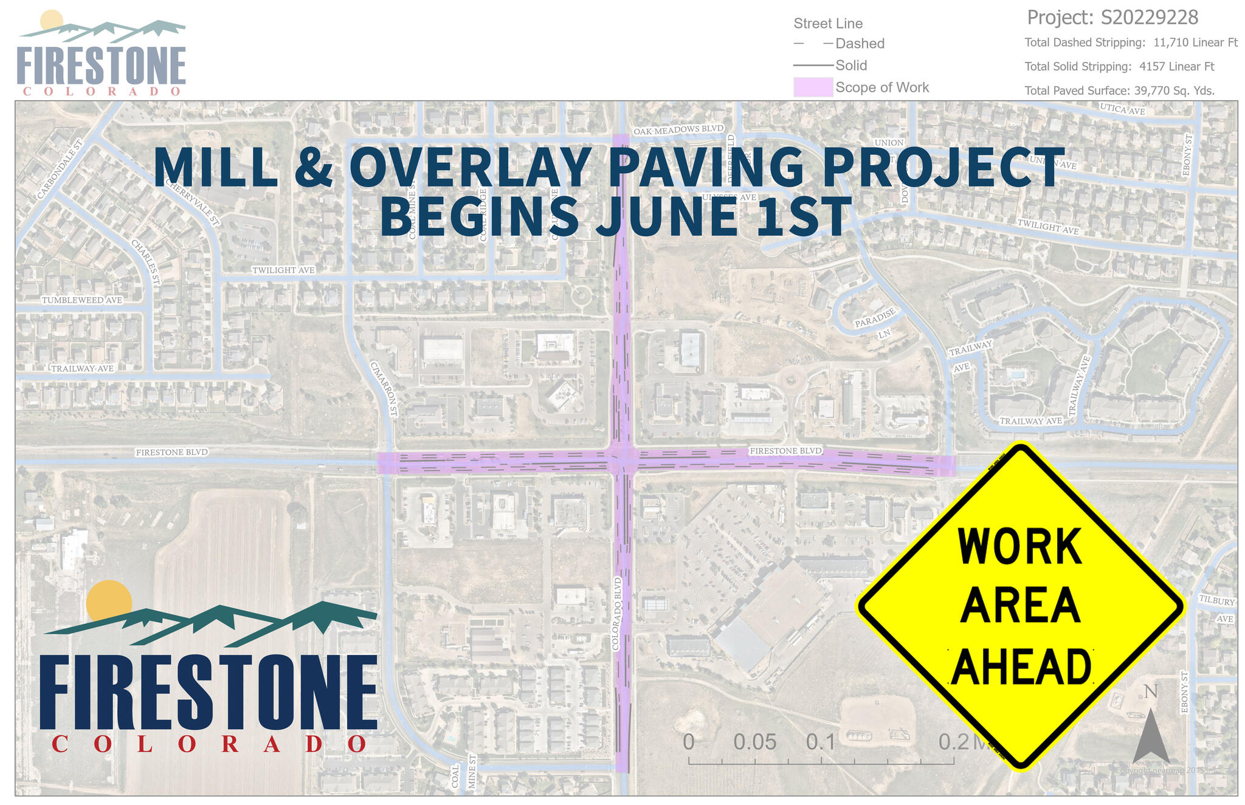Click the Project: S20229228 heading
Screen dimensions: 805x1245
click(x=1112, y=18)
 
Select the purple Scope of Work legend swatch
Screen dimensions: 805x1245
click(x=813, y=87)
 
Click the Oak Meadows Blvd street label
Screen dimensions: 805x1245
click(x=678, y=129)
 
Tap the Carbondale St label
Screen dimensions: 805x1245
click(x=59, y=170)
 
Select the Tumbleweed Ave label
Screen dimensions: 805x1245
click(x=82, y=300)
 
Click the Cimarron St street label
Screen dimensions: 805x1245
click(x=384, y=389)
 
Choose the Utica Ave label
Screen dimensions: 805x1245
click(x=1122, y=109)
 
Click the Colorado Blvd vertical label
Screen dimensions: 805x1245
click(x=617, y=614)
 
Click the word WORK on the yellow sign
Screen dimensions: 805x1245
click(x=1019, y=546)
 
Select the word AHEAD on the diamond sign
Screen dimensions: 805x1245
click(x=1021, y=666)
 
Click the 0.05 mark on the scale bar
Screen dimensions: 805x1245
click(x=754, y=742)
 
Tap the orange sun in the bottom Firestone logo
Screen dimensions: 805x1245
click(x=109, y=601)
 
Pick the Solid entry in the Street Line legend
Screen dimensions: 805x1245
click(x=851, y=65)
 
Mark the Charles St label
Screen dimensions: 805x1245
click(x=146, y=262)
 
